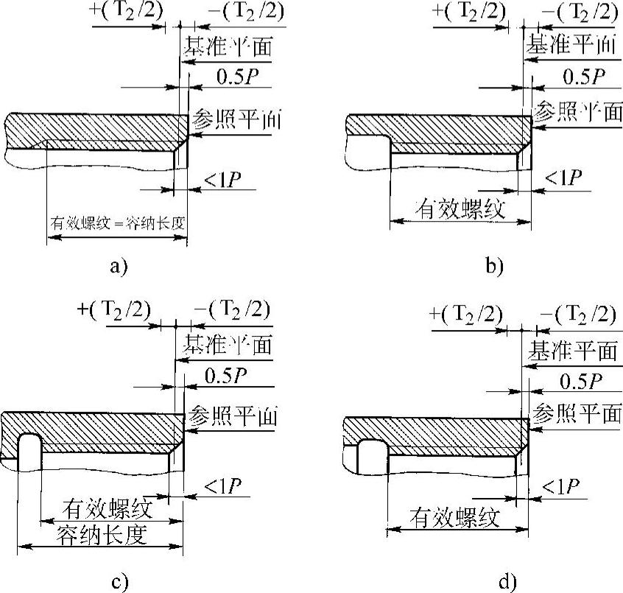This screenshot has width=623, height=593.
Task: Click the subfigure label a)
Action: [x=119, y=267]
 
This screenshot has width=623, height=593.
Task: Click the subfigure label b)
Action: [x=494, y=267]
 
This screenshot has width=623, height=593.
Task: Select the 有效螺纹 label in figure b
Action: [x=460, y=210]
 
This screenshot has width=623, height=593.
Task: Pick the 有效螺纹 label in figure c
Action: [x=108, y=508]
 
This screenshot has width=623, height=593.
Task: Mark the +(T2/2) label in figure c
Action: [x=113, y=309]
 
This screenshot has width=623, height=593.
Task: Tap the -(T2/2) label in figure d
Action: [x=577, y=315]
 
